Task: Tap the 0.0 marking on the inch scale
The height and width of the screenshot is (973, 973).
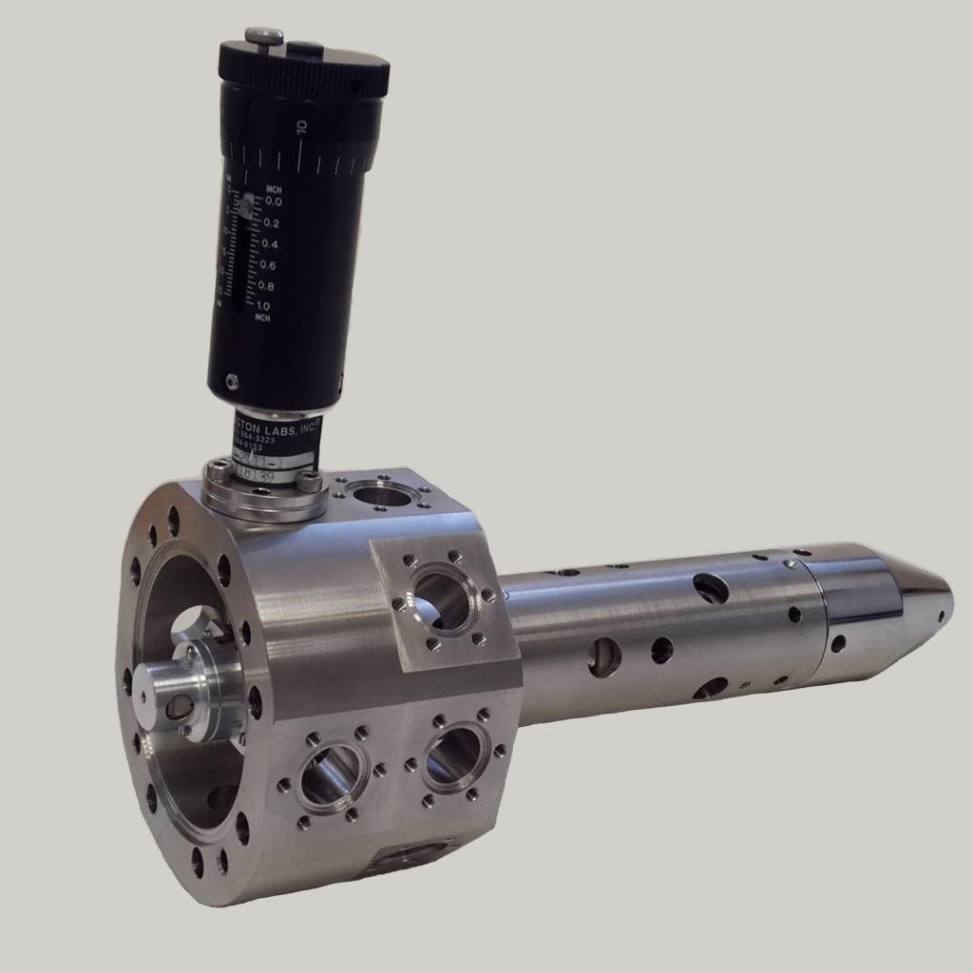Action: pyautogui.click(x=273, y=201)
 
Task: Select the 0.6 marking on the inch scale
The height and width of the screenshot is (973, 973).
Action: pyautogui.click(x=268, y=265)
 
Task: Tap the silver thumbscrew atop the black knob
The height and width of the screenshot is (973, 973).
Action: pyautogui.click(x=263, y=37)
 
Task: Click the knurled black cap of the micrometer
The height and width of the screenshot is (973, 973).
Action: pyautogui.click(x=304, y=67)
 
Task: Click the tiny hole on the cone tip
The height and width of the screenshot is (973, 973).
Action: pyautogui.click(x=941, y=615)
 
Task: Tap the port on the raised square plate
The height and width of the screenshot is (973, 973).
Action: pyautogui.click(x=441, y=599)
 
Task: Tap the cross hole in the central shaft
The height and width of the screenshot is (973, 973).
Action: pyautogui.click(x=177, y=707)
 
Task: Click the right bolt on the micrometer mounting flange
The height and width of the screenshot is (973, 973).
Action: pyautogui.click(x=309, y=483)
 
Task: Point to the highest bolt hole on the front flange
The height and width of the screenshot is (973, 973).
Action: pyautogui.click(x=173, y=521)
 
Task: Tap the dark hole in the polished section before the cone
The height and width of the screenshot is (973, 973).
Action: pyautogui.click(x=838, y=643)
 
